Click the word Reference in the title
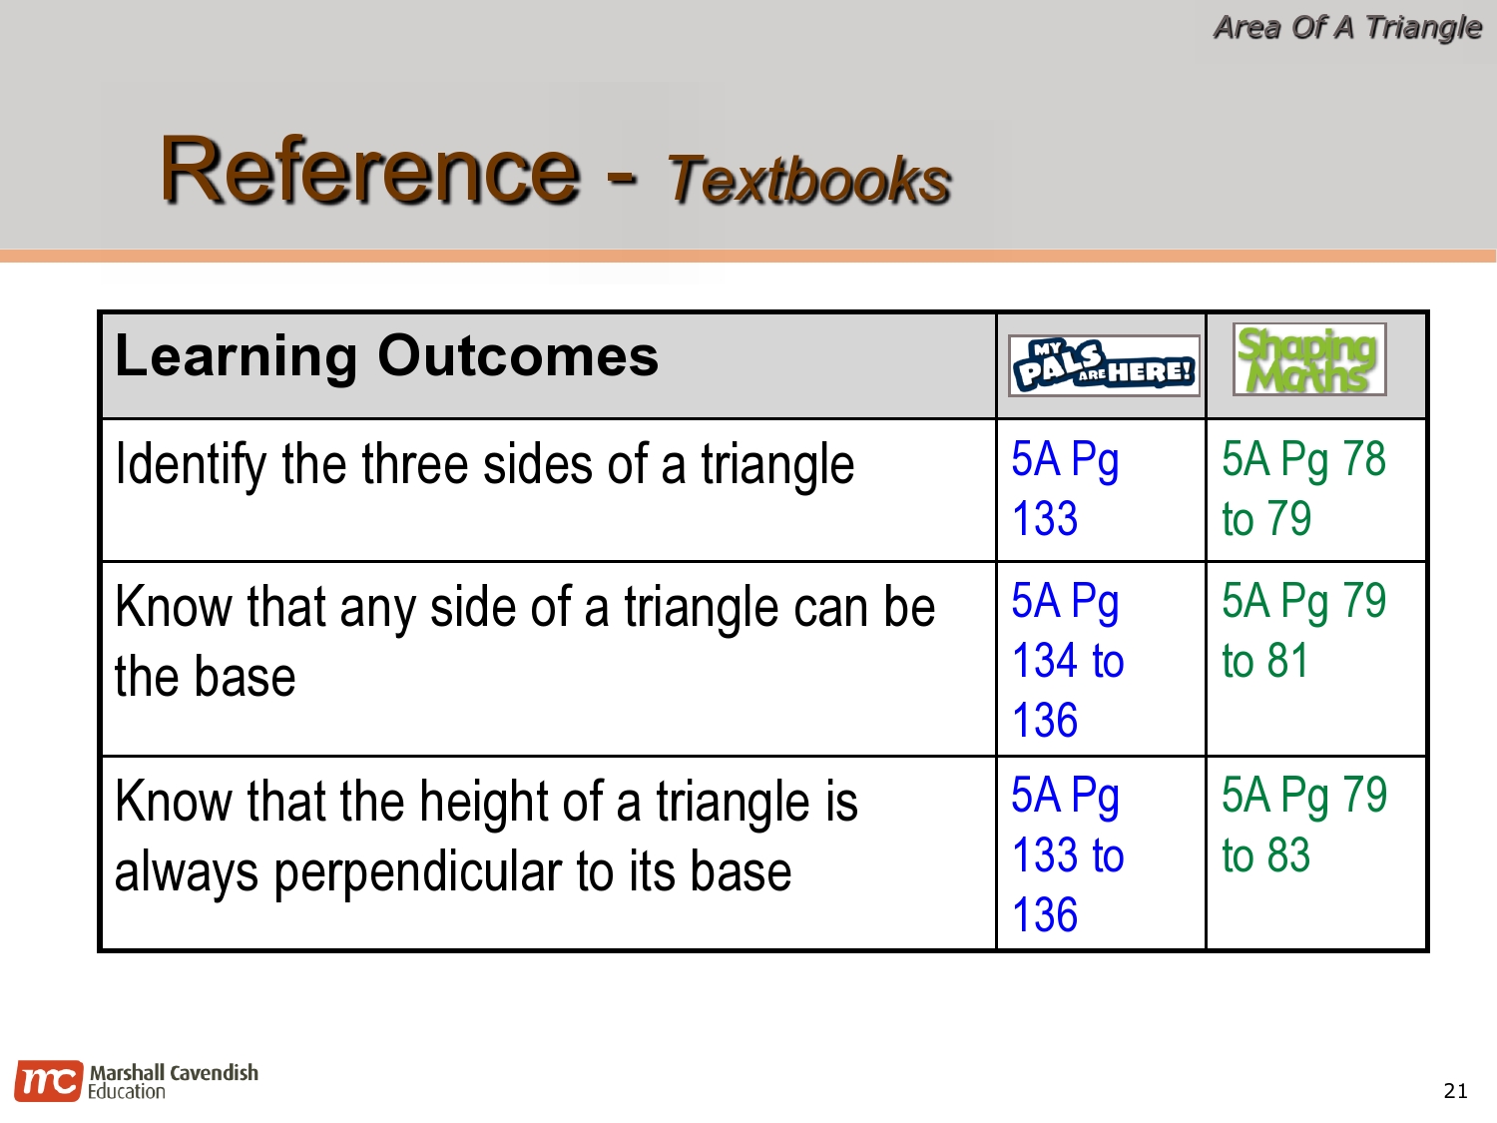click(369, 170)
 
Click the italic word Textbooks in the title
click(808, 180)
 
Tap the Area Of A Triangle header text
click(1346, 27)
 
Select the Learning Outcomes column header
click(386, 356)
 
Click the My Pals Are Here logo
click(1103, 365)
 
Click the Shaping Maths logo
click(1308, 359)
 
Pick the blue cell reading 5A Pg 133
click(1064, 489)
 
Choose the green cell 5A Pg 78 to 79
click(1303, 489)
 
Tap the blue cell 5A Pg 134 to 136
click(1067, 660)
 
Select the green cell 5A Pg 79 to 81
click(1303, 631)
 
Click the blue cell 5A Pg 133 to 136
click(1067, 854)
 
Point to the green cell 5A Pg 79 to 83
click(1303, 826)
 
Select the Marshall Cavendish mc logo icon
click(47, 1081)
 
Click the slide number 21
click(1455, 1091)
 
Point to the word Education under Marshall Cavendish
click(127, 1092)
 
